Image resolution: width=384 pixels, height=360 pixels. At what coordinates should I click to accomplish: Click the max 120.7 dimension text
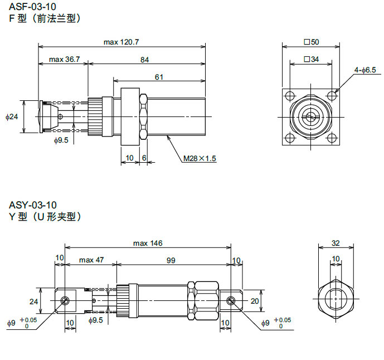pyautogui.click(x=121, y=42)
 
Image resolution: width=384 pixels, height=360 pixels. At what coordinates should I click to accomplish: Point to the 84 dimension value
pyautogui.click(x=144, y=59)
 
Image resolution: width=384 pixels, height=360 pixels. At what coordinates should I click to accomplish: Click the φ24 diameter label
pyautogui.click(x=12, y=116)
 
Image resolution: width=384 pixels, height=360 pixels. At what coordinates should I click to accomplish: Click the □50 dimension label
pyautogui.click(x=310, y=42)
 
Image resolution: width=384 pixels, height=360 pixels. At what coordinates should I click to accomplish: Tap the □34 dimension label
pyautogui.click(x=310, y=59)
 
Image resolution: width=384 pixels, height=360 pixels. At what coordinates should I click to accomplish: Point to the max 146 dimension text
pyautogui.click(x=147, y=243)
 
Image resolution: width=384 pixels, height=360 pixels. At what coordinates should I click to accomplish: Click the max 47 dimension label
pyautogui.click(x=91, y=260)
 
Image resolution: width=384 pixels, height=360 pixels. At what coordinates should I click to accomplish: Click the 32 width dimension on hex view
pyautogui.click(x=335, y=243)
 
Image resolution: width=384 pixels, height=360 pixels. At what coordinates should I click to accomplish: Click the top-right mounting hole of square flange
pyautogui.click(x=332, y=95)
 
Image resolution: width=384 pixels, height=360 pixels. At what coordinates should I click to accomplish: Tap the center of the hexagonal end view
pyautogui.click(x=335, y=299)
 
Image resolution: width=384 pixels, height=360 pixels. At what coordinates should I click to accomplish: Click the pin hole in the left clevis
pyautogui.click(x=66, y=301)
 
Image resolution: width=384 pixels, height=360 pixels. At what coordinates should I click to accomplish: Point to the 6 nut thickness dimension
pyautogui.click(x=144, y=158)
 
